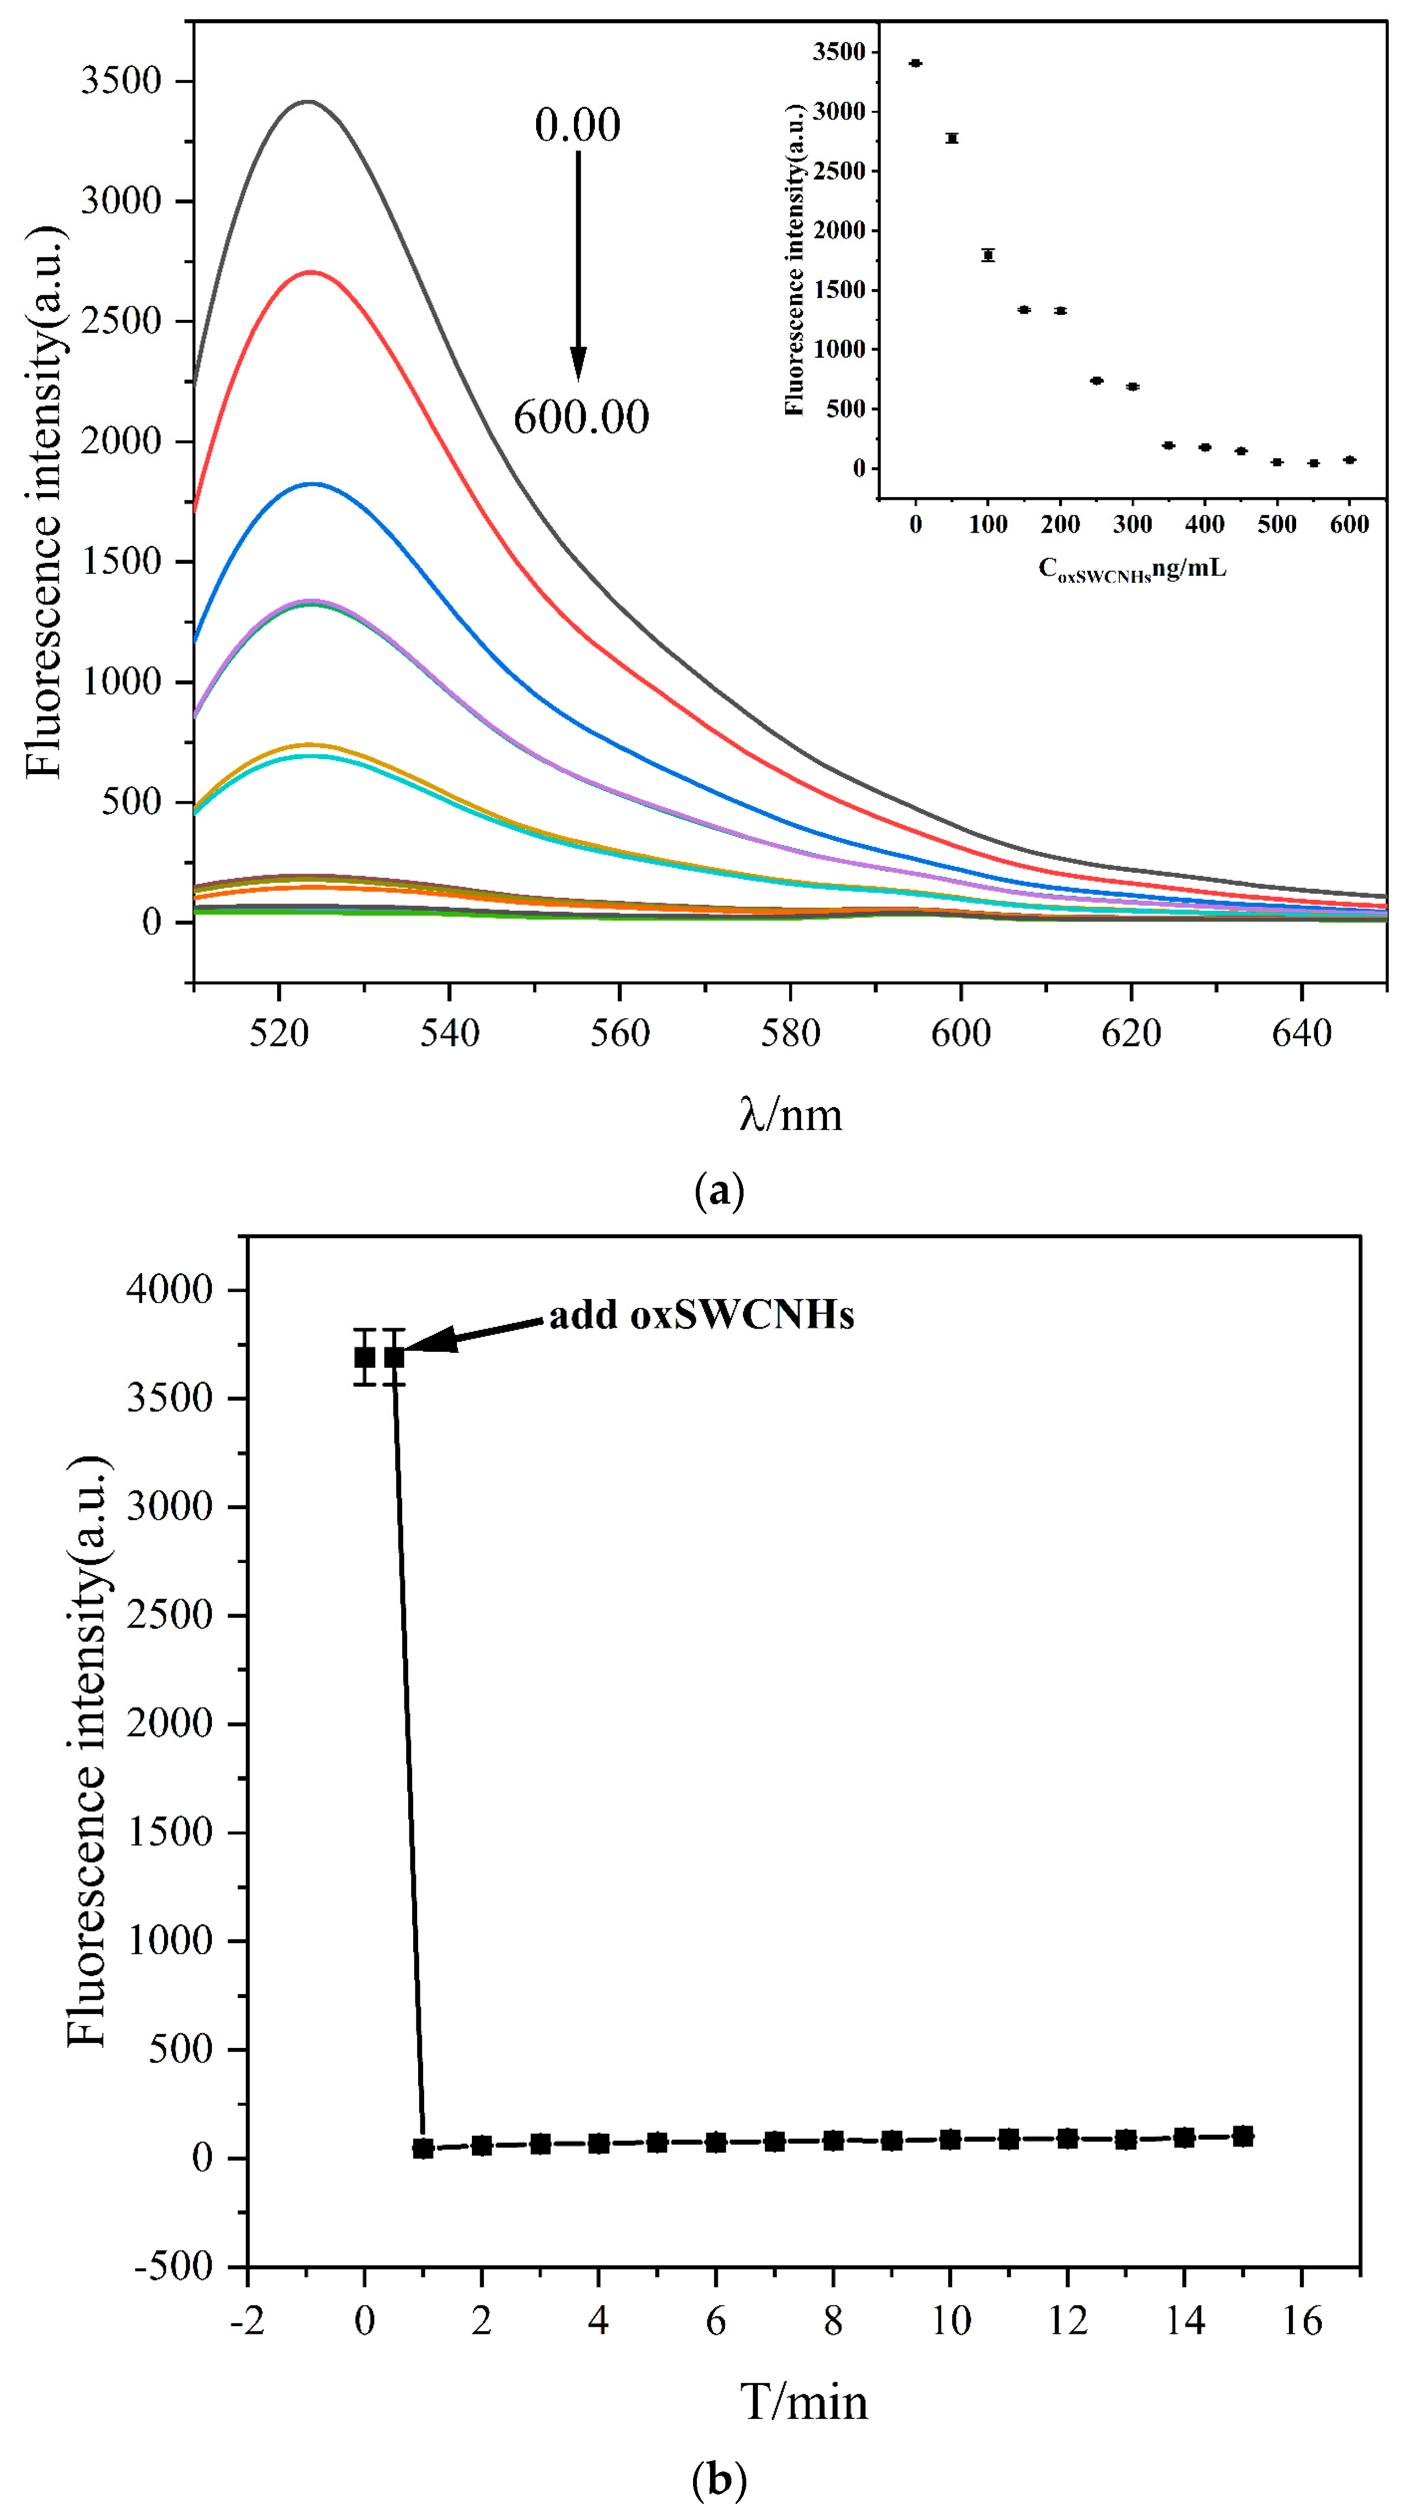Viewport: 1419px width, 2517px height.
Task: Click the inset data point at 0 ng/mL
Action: point(916,64)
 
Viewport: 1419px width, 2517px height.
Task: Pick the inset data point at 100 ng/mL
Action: point(988,255)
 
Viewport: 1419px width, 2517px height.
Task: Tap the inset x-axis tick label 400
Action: point(1204,524)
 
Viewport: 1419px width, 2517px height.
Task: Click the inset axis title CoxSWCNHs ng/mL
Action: point(1131,569)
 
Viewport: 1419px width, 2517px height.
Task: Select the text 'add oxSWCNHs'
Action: point(701,1315)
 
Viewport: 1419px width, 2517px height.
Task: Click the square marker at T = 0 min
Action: point(364,1357)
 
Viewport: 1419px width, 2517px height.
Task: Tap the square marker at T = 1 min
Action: point(423,2148)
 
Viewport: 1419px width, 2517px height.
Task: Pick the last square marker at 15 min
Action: point(1242,2136)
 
